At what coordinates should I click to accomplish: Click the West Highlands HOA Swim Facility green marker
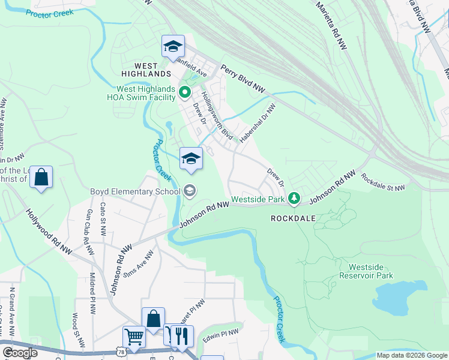(185, 92)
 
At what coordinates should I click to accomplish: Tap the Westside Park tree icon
(294, 197)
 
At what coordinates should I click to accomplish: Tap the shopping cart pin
(134, 337)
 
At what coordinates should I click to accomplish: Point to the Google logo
(20, 353)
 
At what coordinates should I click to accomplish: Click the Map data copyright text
(412, 355)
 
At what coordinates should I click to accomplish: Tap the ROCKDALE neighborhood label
(293, 218)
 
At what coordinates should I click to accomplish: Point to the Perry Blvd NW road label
(243, 79)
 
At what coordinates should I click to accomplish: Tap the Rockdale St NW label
(382, 182)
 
